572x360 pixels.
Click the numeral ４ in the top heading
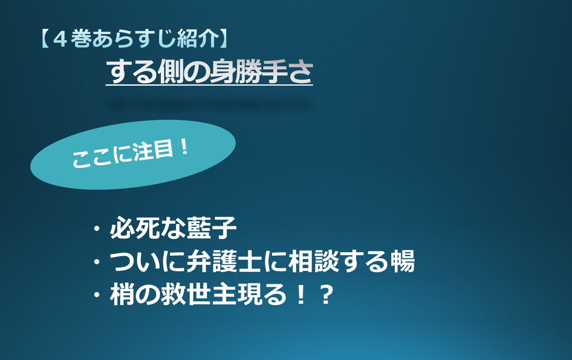click(x=60, y=39)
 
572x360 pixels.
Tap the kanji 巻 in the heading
click(x=81, y=39)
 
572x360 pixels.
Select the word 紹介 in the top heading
click(x=198, y=39)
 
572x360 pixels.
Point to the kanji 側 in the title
click(x=171, y=71)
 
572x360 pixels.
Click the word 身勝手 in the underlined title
click(x=248, y=71)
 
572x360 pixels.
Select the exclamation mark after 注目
click(x=184, y=147)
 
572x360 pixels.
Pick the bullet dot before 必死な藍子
click(x=97, y=228)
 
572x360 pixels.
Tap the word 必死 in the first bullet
click(x=135, y=228)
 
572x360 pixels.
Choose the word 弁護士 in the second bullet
click(x=224, y=261)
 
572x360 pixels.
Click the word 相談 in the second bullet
click(x=313, y=261)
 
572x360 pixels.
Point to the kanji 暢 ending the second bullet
click(x=403, y=261)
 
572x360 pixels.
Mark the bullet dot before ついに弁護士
click(x=97, y=262)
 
